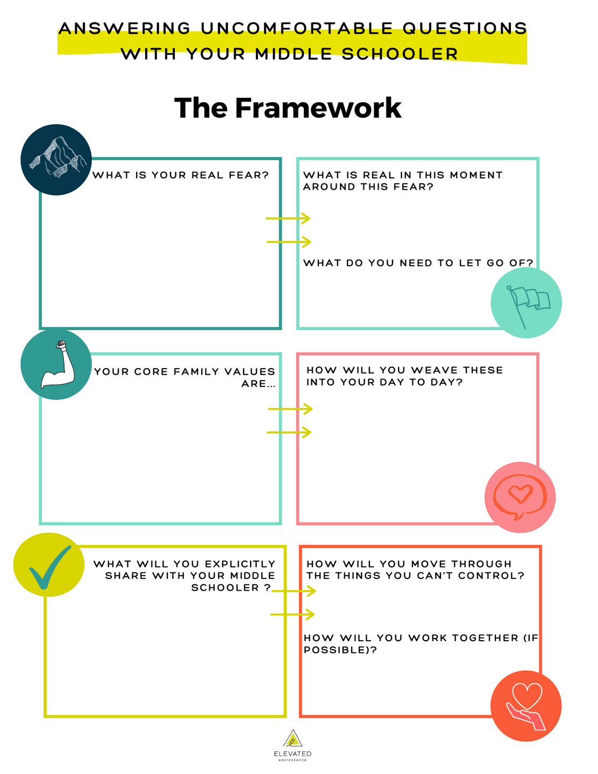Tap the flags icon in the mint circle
[x=527, y=303]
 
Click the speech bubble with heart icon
[x=519, y=497]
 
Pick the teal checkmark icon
[x=49, y=565]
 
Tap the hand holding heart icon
[x=526, y=706]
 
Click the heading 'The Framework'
[x=288, y=108]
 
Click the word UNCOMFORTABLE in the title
[x=296, y=28]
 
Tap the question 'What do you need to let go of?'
[x=418, y=263]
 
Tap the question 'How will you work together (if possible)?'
[x=421, y=643]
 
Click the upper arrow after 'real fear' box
[x=288, y=218]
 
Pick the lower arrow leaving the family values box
[x=289, y=432]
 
